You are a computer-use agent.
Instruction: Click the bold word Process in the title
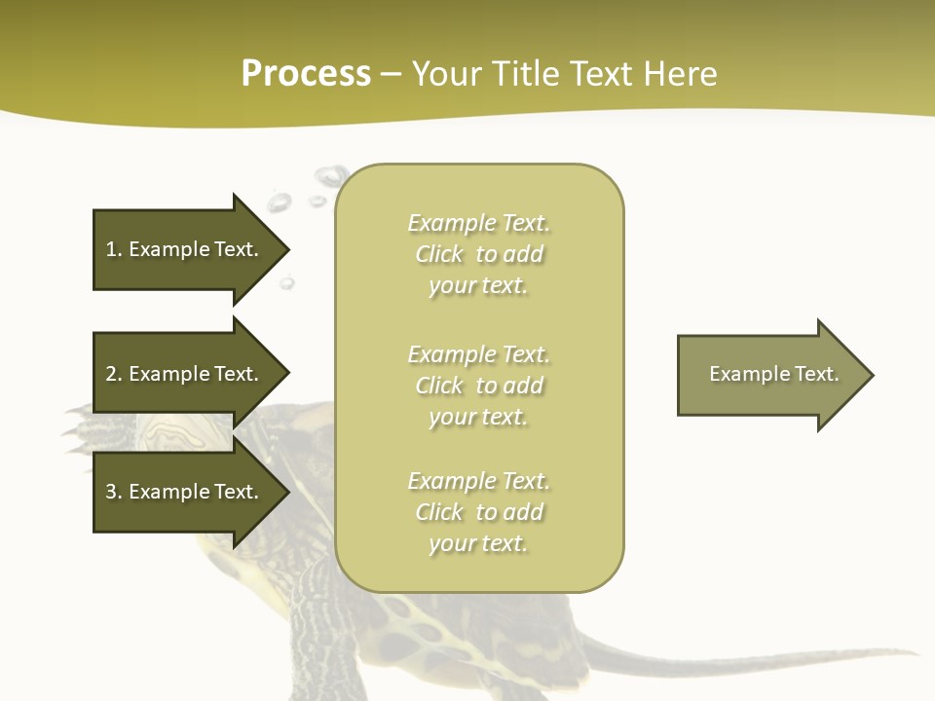[x=306, y=74]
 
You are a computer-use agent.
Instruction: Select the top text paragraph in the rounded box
[x=478, y=254]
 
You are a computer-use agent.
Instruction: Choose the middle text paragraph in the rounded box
[x=478, y=386]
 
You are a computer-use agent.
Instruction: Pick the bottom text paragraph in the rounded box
[x=478, y=512]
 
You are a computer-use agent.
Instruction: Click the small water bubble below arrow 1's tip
[x=287, y=283]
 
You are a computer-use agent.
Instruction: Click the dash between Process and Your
[x=391, y=75]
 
